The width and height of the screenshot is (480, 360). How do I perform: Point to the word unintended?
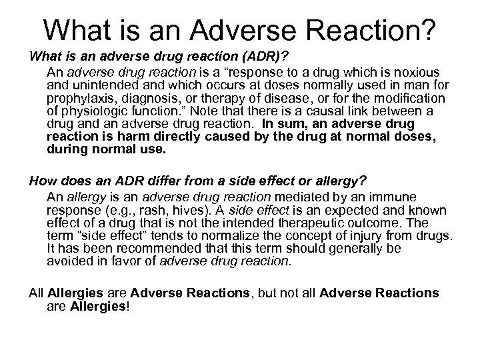[121, 85]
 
